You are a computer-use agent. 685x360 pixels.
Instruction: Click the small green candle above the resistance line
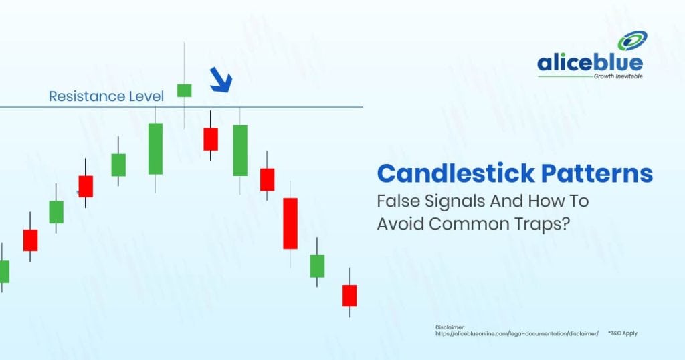pos(184,90)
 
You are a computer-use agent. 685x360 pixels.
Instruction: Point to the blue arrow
pos(221,80)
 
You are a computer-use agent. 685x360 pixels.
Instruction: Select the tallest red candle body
pos(290,223)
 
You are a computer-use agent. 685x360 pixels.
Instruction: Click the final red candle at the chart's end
pos(349,295)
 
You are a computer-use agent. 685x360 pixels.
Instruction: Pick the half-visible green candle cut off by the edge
pos(5,271)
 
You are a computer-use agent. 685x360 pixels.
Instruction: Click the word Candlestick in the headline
pos(456,173)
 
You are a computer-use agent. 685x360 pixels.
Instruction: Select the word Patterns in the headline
pos(597,173)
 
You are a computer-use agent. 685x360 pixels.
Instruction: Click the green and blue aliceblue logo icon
pos(633,41)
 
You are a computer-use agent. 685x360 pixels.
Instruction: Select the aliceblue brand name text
pos(590,64)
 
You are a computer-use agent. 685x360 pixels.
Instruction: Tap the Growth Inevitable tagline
pos(618,76)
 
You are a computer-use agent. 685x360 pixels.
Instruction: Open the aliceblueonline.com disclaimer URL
pos(517,334)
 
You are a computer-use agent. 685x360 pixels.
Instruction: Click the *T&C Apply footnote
pos(623,333)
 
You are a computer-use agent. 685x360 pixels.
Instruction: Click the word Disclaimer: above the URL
pos(450,327)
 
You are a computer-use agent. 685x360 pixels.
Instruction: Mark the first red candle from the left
pos(31,240)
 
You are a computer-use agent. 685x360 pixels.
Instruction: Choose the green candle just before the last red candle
pos(317,266)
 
